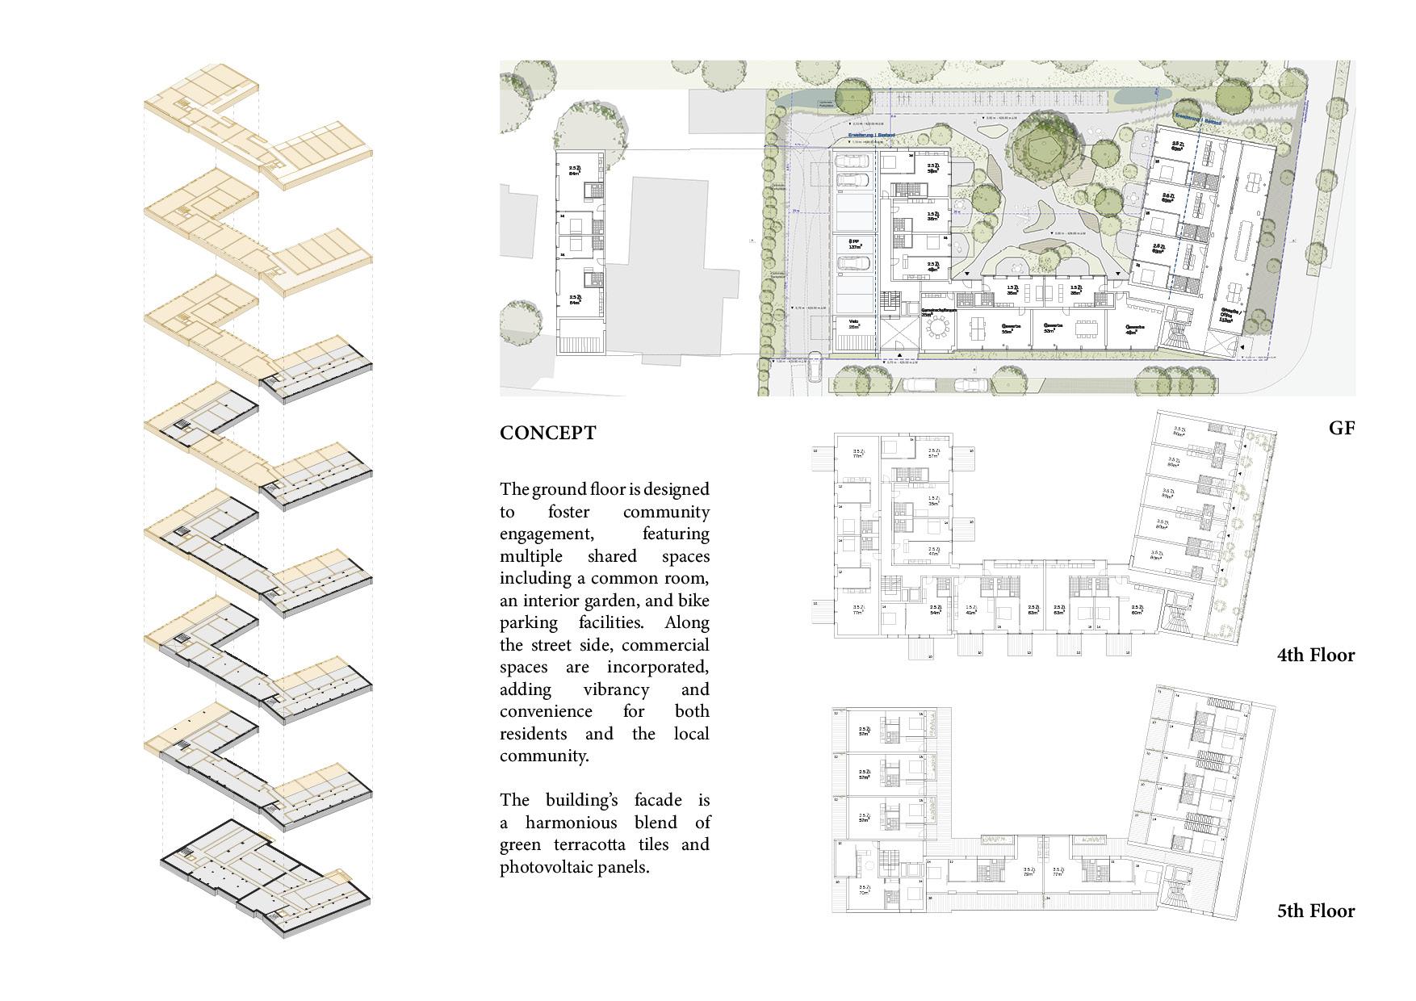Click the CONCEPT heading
547,433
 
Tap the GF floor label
1341,429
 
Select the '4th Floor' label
1315,655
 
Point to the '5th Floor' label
1315,911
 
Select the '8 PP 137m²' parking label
854,245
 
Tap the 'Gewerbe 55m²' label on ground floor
1009,329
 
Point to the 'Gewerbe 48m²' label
1135,329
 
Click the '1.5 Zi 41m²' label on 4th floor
970,610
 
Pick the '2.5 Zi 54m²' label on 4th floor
936,610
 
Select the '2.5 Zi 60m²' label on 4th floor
1137,610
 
